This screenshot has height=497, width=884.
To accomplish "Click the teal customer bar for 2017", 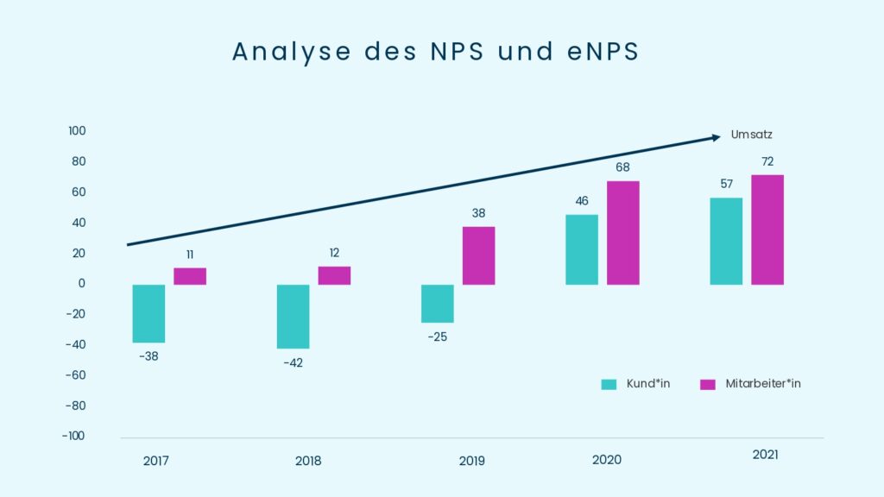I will [148, 313].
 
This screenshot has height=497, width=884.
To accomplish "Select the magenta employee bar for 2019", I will [478, 255].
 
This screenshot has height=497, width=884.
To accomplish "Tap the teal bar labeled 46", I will [582, 249].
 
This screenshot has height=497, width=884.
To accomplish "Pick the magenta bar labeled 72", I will [767, 230].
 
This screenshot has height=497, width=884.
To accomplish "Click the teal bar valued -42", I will [293, 316].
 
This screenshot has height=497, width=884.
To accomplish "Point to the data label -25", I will [437, 336].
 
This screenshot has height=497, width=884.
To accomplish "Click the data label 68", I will [623, 167].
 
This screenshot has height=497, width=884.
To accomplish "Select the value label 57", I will [726, 184].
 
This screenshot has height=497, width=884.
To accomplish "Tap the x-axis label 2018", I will [308, 461].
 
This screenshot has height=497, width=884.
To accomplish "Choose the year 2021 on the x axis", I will [765, 455].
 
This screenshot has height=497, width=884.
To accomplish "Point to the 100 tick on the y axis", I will [77, 131].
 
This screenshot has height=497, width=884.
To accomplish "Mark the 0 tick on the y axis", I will [82, 284].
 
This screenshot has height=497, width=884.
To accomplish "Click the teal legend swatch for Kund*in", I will [609, 384].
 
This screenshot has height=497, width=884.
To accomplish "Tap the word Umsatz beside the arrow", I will [751, 135].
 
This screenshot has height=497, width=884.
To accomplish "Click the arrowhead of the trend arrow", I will [716, 137].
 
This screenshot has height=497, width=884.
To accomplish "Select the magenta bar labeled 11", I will [190, 276].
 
